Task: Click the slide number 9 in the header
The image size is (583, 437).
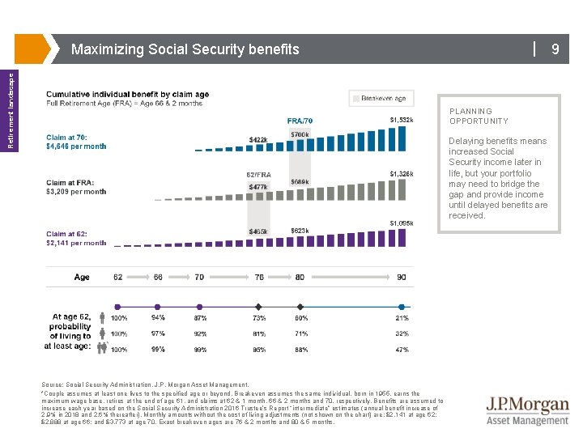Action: click(x=555, y=49)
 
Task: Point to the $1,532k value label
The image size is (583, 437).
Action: click(x=402, y=121)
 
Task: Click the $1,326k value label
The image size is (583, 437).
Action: click(x=402, y=173)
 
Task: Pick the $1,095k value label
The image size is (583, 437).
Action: click(x=402, y=223)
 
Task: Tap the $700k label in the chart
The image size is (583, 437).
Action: click(x=300, y=134)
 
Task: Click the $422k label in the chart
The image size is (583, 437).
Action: click(x=258, y=140)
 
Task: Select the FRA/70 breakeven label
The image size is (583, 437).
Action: click(x=300, y=121)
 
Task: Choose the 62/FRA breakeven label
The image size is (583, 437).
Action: click(x=258, y=174)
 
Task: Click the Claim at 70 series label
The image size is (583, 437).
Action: click(x=76, y=142)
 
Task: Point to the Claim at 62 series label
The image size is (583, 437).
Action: click(x=76, y=238)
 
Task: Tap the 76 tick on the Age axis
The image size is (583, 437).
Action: click(x=258, y=277)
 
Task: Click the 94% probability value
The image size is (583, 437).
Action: click(x=158, y=318)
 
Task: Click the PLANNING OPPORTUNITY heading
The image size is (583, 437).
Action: click(x=479, y=116)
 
